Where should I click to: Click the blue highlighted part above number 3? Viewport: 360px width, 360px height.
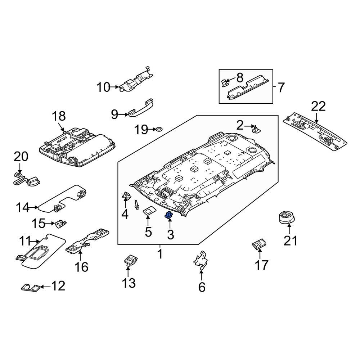point(168,216)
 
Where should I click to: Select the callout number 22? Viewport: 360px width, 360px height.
point(318,106)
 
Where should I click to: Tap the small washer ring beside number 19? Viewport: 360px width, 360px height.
point(159,129)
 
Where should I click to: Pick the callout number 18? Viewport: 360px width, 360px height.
point(59,116)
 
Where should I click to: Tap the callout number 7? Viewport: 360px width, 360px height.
point(281,87)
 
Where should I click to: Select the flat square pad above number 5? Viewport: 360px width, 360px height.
point(148,210)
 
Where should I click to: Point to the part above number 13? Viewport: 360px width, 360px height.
point(130,259)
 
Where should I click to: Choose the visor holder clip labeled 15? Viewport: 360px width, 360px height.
point(60,224)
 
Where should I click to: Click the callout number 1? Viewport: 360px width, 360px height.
point(160,254)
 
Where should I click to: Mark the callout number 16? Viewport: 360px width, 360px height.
point(81,267)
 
